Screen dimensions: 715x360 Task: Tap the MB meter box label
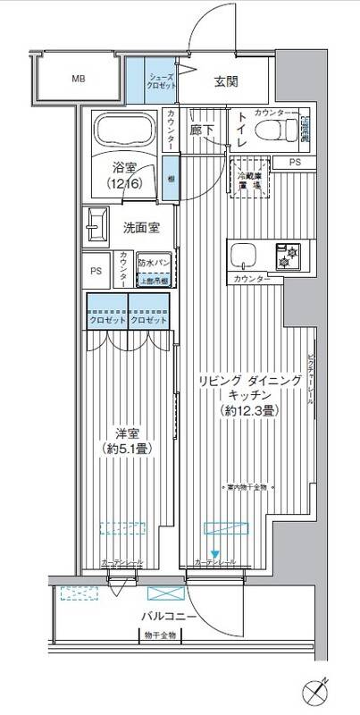tap(80, 79)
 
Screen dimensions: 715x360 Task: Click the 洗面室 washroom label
tap(141, 227)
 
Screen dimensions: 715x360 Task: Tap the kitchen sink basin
tap(242, 256)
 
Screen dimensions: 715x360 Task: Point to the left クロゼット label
tap(107, 321)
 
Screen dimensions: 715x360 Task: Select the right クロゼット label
tap(147, 321)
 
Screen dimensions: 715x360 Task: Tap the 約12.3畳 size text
tap(247, 411)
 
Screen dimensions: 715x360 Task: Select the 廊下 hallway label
tap(201, 130)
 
